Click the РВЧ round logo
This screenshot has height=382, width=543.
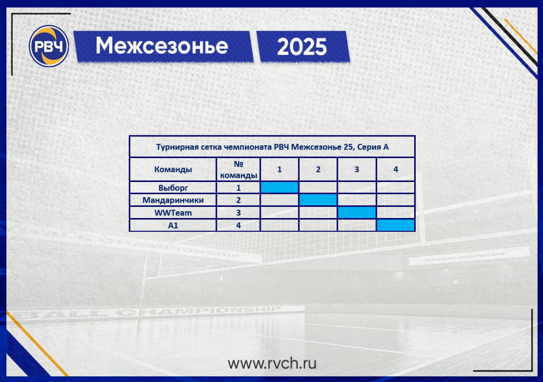click(49, 46)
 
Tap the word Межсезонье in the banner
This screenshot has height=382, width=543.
click(162, 46)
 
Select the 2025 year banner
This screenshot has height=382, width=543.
click(303, 47)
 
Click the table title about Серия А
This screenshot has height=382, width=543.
click(272, 147)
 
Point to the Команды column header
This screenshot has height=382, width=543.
click(173, 169)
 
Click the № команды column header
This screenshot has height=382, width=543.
click(238, 169)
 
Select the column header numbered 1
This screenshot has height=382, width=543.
click(279, 169)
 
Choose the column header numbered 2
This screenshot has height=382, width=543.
click(318, 169)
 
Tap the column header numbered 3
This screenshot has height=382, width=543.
click(357, 169)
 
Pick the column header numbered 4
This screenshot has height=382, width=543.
click(396, 169)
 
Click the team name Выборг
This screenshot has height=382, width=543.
click(173, 188)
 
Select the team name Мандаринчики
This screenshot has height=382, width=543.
click(173, 200)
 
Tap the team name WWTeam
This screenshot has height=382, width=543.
click(173, 213)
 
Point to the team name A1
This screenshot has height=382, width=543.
click(173, 225)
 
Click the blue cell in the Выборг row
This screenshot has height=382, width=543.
click(279, 187)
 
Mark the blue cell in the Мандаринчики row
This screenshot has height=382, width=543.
click(318, 200)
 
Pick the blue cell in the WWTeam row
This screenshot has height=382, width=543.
click(357, 213)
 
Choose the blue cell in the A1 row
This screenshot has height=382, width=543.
click(396, 225)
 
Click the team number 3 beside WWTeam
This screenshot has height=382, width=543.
click(238, 213)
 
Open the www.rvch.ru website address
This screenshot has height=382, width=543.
click(272, 363)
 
